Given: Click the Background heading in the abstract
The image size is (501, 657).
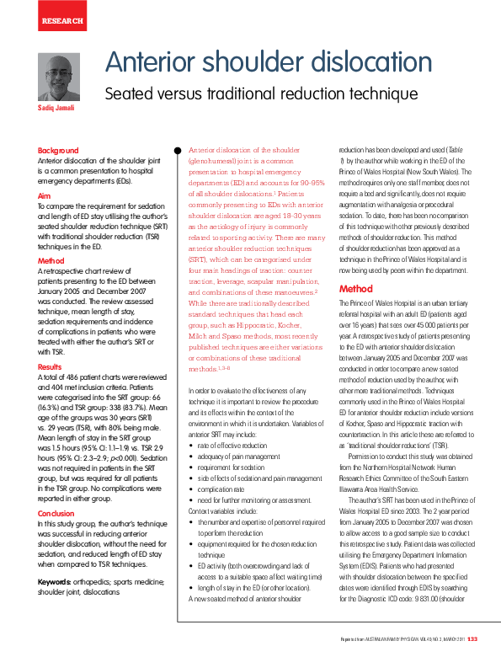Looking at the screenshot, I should (58, 151).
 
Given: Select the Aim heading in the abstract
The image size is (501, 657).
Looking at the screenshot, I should (44, 195).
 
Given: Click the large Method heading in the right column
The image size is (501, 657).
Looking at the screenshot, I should (355, 289).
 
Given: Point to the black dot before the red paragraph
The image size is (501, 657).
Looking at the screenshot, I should (178, 151).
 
